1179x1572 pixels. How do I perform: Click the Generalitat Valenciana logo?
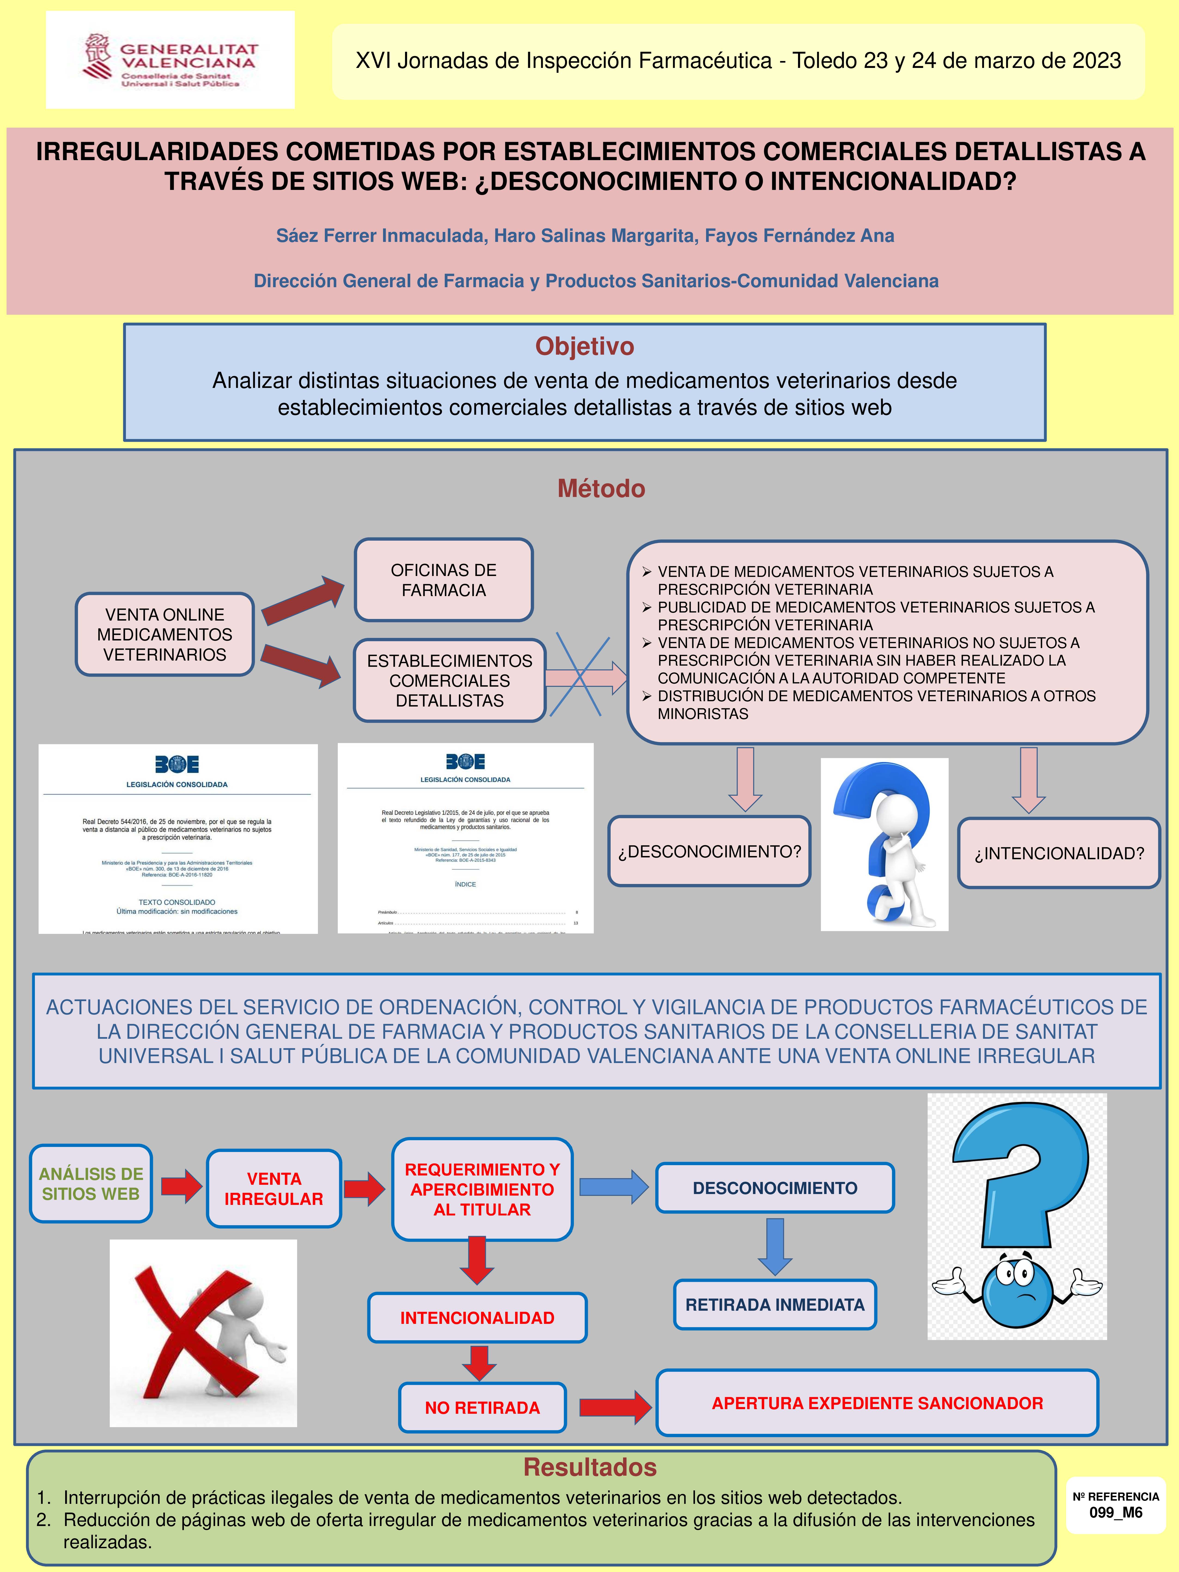171,60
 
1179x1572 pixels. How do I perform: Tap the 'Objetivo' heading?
584,346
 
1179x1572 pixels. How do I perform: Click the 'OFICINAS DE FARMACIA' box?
443,580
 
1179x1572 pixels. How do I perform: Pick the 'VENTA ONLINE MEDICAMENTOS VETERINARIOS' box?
165,634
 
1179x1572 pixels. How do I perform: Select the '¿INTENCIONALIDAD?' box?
1059,853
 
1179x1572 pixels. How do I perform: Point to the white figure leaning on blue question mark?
884,844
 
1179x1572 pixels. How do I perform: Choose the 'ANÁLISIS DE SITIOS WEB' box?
91,1183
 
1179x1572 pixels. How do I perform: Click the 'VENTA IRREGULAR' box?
274,1188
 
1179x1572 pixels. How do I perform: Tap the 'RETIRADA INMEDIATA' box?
775,1304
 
